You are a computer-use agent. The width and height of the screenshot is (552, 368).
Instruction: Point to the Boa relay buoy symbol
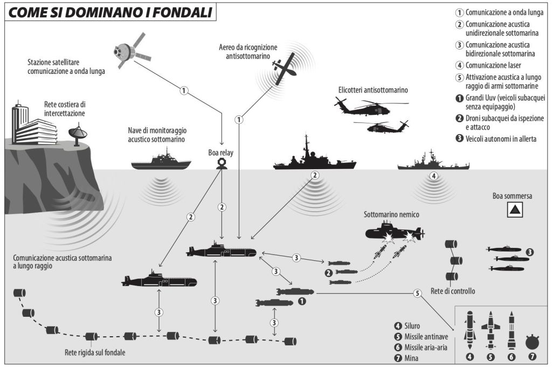221,163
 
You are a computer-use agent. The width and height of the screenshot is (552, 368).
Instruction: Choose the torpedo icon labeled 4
470,330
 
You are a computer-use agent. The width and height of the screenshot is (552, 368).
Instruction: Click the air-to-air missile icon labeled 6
511,330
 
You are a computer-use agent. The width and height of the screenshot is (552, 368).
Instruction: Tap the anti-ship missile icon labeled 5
491,330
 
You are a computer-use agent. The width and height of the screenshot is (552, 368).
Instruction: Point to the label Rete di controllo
453,291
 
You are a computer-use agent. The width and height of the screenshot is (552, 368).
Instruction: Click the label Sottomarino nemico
391,214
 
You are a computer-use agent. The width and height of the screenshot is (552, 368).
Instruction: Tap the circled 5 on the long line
416,294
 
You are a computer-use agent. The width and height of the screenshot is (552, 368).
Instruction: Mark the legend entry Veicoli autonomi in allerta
501,139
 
